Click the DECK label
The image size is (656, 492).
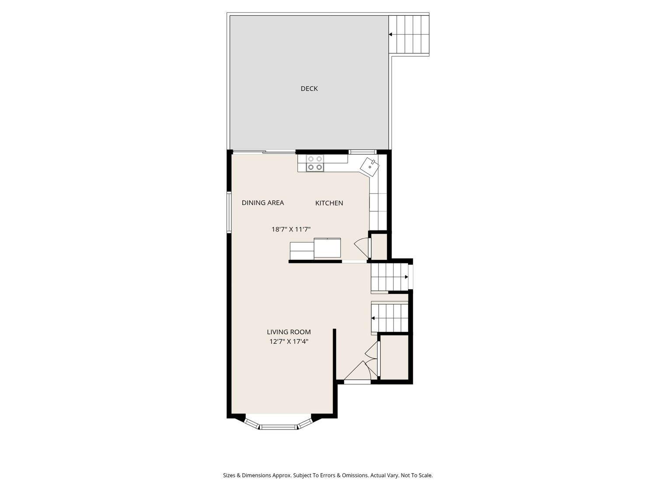click(x=309, y=89)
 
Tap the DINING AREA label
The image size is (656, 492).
click(x=262, y=203)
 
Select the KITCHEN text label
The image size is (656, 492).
click(x=329, y=203)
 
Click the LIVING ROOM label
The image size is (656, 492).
click(x=289, y=332)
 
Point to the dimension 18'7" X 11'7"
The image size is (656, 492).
click(x=291, y=229)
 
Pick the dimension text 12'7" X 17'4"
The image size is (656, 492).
click(x=289, y=342)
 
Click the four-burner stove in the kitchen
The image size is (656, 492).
click(x=315, y=163)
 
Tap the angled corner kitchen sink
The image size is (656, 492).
click(x=370, y=166)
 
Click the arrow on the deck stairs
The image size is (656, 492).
click(x=390, y=34)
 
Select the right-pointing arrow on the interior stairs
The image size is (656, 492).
click(x=406, y=277)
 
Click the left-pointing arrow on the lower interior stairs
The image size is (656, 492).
click(x=373, y=318)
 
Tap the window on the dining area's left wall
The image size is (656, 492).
click(x=228, y=211)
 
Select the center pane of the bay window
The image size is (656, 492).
click(x=279, y=426)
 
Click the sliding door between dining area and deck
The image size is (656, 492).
click(x=264, y=152)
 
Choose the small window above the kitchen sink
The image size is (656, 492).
click(x=363, y=152)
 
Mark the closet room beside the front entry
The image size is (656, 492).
click(x=394, y=356)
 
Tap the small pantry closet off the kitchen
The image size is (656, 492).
click(x=379, y=246)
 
